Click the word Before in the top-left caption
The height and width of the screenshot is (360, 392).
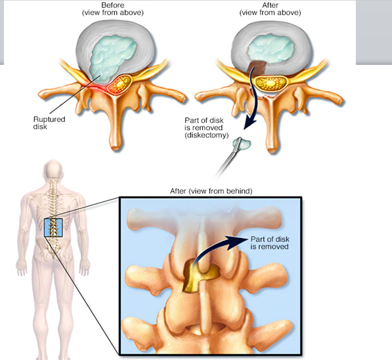[112, 5]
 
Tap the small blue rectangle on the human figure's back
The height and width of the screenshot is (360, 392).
[53, 227]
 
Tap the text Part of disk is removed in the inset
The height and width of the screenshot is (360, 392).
[269, 242]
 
